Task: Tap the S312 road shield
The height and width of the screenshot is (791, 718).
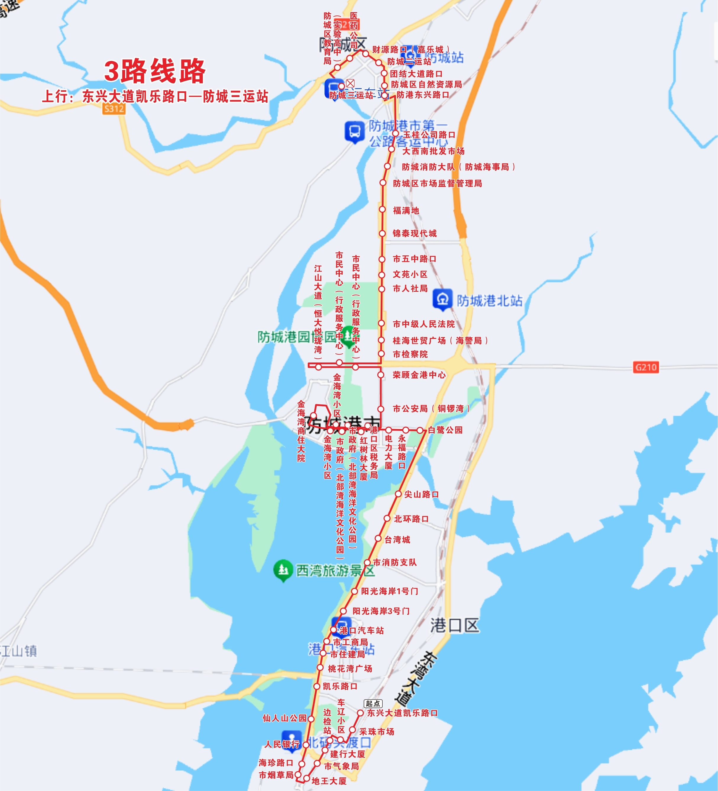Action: click(x=114, y=109)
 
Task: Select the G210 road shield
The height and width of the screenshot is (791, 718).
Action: click(x=646, y=367)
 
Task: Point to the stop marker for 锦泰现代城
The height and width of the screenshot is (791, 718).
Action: click(x=382, y=233)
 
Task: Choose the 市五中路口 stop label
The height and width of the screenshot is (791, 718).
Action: click(x=415, y=259)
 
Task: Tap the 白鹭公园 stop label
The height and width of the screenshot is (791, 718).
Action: click(x=445, y=430)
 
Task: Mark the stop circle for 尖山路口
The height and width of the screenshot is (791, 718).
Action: click(x=398, y=494)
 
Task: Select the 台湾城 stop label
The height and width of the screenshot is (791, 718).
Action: click(x=397, y=540)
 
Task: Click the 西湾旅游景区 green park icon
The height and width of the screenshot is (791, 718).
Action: click(x=283, y=570)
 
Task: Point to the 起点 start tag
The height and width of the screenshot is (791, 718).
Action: click(x=373, y=703)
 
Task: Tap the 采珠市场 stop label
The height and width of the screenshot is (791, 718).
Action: click(x=376, y=732)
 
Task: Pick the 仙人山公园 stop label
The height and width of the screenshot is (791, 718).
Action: click(x=284, y=718)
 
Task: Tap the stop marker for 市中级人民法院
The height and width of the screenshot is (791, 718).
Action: click(x=381, y=323)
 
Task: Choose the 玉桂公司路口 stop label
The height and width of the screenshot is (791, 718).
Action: click(x=429, y=135)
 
